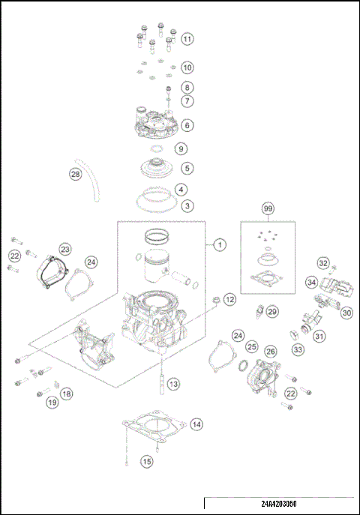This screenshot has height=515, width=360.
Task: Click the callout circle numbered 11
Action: tap(187, 38)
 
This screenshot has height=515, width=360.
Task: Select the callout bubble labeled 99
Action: tap(268, 208)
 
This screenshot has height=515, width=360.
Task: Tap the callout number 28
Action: tap(75, 174)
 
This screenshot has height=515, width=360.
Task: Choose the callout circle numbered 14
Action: tap(196, 424)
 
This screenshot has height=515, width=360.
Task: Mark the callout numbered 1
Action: tap(219, 244)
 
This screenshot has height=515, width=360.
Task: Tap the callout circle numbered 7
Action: tap(187, 100)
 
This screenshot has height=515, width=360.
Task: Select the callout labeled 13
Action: tap(174, 384)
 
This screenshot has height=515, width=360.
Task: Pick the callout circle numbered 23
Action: tap(65, 248)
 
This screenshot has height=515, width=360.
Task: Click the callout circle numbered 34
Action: tap(310, 282)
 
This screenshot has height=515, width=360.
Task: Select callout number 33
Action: tap(298, 349)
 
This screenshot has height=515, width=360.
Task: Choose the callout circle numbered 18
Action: tap(67, 394)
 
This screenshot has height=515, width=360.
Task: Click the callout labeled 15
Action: tap(147, 462)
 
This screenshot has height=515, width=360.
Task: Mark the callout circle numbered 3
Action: tap(187, 205)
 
